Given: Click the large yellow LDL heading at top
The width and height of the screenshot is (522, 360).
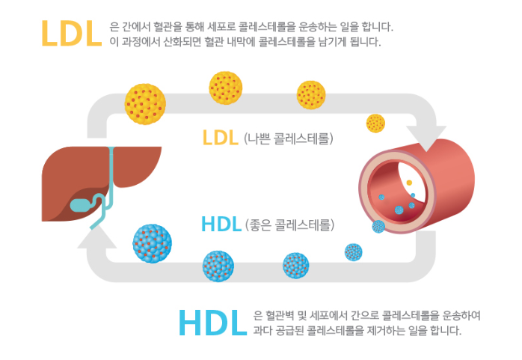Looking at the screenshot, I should tap(71, 33).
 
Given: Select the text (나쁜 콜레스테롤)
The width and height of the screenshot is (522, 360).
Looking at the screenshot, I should tap(289, 138).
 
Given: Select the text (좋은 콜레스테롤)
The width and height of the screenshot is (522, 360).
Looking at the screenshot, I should tap(289, 225).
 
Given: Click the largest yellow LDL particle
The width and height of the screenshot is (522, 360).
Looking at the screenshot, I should tap(145, 103).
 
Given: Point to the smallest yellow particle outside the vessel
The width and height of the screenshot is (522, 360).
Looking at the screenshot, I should tap(375, 123).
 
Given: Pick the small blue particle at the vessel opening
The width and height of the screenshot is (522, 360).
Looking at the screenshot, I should tap(378, 226).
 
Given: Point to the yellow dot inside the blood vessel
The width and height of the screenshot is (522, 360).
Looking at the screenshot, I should tap(408, 182).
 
